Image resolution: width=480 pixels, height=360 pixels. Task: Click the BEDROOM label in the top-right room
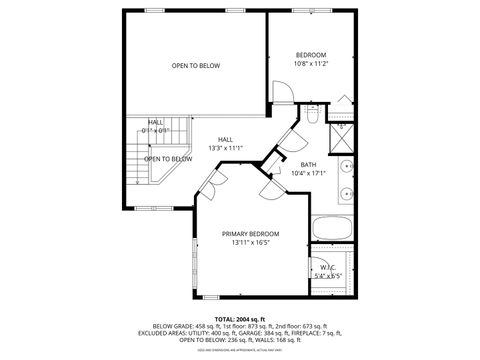pos(311,54)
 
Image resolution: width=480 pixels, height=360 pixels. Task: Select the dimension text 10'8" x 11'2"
pos(311,63)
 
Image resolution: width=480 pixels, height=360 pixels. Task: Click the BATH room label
pos(309,164)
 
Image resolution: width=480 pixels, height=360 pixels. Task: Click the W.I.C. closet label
pos(329,267)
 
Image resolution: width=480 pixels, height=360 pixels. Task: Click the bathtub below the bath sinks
pos(331,227)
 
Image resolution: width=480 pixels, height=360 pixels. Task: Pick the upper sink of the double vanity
pos(347,166)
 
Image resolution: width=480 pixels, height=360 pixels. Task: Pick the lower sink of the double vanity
pos(347,192)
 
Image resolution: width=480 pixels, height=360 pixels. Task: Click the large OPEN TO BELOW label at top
pos(195,66)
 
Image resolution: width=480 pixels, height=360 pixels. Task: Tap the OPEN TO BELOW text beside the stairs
pos(167,159)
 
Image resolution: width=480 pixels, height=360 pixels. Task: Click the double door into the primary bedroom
pos(212,181)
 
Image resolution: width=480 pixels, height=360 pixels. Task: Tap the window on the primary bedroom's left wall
pos(194,264)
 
